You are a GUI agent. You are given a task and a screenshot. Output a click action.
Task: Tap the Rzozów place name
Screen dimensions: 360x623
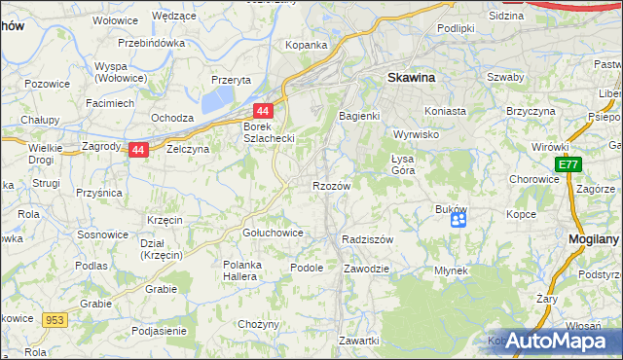331,185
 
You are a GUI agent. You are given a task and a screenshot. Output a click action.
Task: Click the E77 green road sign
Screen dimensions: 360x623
568,166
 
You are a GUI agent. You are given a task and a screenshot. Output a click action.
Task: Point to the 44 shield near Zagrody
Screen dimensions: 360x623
139,150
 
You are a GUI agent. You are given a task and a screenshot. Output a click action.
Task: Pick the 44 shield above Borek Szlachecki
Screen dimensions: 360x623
262,112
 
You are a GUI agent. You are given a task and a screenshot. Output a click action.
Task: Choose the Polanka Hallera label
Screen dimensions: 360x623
251,271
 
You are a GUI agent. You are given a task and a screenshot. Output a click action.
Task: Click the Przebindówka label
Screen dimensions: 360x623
151,44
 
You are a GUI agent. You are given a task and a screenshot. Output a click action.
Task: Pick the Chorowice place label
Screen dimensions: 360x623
532,179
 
